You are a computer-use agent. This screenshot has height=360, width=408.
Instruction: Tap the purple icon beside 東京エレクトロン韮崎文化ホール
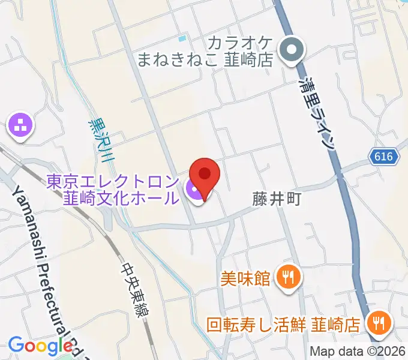click(194, 191)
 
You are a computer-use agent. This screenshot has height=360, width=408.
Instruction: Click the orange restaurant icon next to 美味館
click(288, 277)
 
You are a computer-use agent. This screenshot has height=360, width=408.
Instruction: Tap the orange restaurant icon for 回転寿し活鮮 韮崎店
click(379, 324)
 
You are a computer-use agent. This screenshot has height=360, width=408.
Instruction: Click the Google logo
click(40, 345)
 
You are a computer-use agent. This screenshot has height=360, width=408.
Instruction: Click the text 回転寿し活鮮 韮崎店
click(283, 325)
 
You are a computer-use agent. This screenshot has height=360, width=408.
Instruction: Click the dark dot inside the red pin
click(205, 173)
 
